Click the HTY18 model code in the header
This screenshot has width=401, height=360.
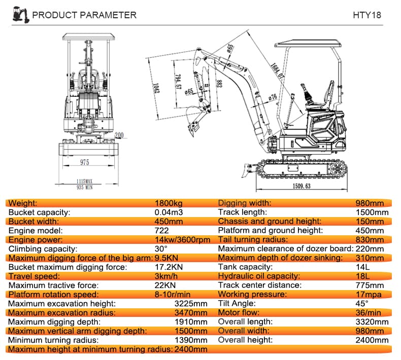click(366, 15)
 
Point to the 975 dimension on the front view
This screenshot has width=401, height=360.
click(84, 162)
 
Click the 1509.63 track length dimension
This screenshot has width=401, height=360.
click(302, 186)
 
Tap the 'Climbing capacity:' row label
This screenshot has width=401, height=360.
click(43, 249)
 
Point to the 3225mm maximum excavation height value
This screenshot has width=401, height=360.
click(191, 304)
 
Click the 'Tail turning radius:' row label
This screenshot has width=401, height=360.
click(252, 240)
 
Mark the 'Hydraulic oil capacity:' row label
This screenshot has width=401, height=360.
click(259, 276)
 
